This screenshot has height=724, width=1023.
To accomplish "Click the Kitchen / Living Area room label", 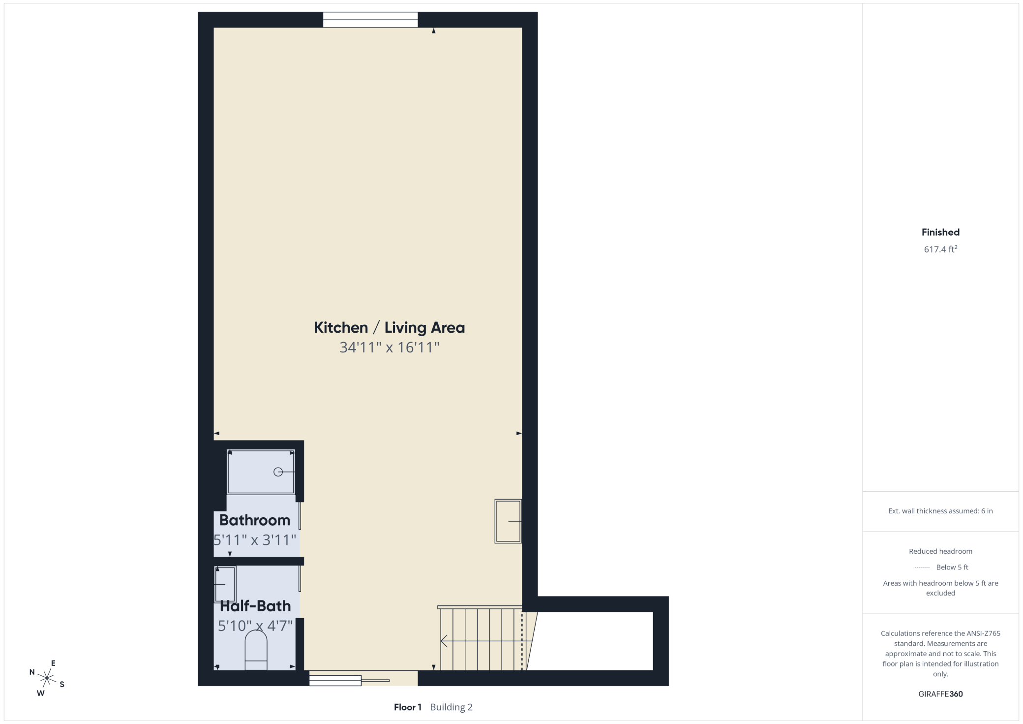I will click(389, 328).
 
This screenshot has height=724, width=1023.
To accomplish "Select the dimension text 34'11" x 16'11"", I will click(389, 347).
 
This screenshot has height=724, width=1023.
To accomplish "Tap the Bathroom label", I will click(255, 520).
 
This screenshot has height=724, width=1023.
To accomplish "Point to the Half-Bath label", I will click(255, 606).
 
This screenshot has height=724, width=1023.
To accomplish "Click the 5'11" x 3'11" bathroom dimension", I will click(255, 540).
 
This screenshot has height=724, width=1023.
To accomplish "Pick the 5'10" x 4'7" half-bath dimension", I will click(255, 626).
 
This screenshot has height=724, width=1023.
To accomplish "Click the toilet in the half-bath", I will click(256, 650).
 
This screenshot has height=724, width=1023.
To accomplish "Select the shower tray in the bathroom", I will click(261, 472).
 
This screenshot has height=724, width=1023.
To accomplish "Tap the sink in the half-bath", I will click(225, 584).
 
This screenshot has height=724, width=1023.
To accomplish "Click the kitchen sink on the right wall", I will click(508, 521).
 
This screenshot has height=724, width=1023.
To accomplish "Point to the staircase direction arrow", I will click(444, 641).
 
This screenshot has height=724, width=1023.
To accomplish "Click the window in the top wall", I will click(370, 20).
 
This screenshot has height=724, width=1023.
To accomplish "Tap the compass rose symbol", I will click(47, 679).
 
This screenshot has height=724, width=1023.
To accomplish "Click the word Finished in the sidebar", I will click(940, 232).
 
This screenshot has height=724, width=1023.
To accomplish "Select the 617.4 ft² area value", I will click(940, 249).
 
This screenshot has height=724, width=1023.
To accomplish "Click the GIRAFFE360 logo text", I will click(940, 694).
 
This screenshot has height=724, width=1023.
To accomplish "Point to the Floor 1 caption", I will click(408, 707).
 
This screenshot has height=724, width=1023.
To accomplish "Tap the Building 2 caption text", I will click(451, 707).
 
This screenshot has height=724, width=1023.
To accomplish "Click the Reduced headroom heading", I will click(940, 551).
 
